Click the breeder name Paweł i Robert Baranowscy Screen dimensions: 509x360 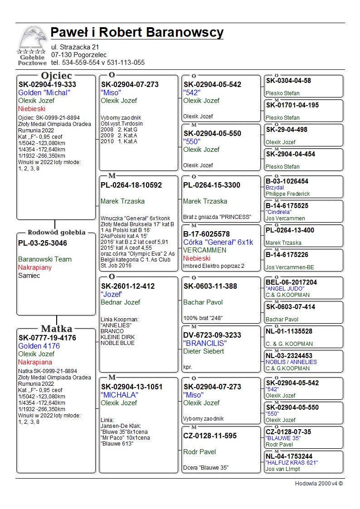point(137,33)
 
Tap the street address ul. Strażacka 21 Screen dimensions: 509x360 point(75,47)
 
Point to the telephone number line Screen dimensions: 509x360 point(98,63)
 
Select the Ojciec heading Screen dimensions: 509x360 point(56,75)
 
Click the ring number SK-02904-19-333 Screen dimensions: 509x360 point(47,84)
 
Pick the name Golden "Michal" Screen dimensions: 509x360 point(44,92)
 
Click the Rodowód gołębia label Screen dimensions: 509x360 point(57,233)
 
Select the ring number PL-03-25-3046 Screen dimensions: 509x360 point(43,243)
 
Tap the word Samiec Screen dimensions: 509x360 point(29,276)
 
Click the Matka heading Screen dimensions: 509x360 point(57,329)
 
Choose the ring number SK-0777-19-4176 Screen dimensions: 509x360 point(47,338)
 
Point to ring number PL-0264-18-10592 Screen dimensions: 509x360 point(131,185)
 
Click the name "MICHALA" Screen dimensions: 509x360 point(120,395)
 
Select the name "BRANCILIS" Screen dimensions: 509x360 point(204,343)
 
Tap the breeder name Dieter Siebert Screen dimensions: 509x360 point(204,351)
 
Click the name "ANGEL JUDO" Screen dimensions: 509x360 point(285,289)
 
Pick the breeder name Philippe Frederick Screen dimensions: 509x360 point(288,194)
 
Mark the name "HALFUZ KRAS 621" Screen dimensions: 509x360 point(292,462)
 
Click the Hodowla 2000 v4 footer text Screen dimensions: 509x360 point(319,484)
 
